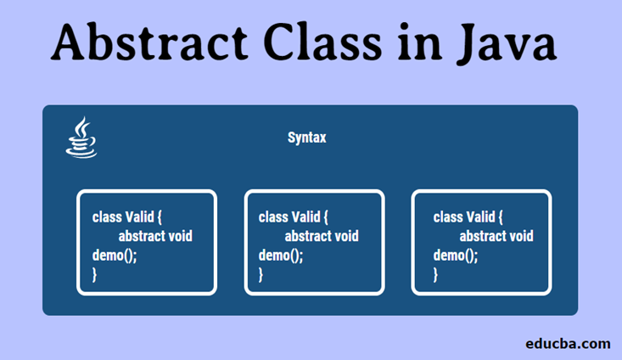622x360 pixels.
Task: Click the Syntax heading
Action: [x=306, y=138]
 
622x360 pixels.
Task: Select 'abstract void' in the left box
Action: [x=155, y=235]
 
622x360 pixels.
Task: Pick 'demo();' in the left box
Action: [x=115, y=255]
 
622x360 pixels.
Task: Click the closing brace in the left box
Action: [x=95, y=274]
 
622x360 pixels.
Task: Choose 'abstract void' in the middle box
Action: [x=322, y=235]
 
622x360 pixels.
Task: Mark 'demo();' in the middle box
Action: [x=281, y=255]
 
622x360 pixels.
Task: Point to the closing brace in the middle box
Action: [x=261, y=274]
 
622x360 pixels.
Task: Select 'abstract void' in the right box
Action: [x=496, y=235]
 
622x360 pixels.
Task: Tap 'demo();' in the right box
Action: [x=456, y=255]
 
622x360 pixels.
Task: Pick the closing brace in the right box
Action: [x=436, y=274]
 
